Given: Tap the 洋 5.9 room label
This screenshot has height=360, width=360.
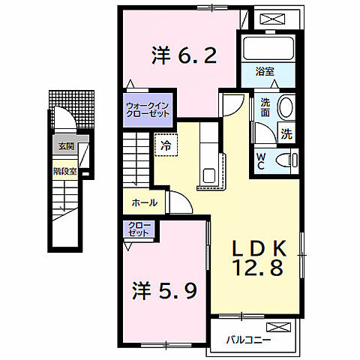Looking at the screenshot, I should coord(166,289).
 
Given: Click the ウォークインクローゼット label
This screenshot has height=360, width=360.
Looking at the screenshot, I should coord(146,109).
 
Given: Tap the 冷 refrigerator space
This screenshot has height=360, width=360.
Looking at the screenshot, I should coord(166,144).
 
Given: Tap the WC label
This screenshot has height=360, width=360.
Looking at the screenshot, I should coord(260,160).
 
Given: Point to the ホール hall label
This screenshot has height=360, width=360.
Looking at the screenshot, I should coord(144,202).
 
